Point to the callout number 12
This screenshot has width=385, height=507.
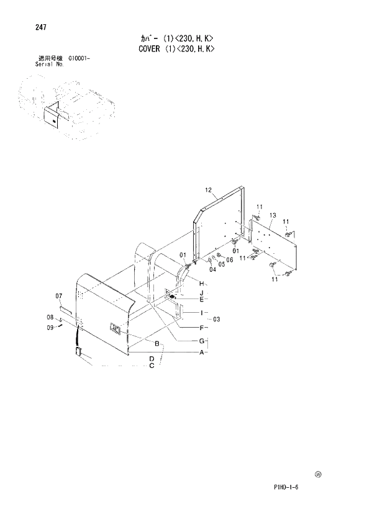point(208,190)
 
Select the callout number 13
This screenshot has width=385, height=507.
point(272,215)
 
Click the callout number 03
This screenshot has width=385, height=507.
point(216,319)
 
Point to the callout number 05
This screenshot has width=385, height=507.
point(222,264)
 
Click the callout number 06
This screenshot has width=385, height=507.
point(229,259)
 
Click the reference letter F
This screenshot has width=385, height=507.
point(201,327)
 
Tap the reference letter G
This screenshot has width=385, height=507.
point(201,340)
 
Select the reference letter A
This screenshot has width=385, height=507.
point(201,352)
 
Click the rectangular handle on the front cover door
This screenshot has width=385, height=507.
point(115,330)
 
